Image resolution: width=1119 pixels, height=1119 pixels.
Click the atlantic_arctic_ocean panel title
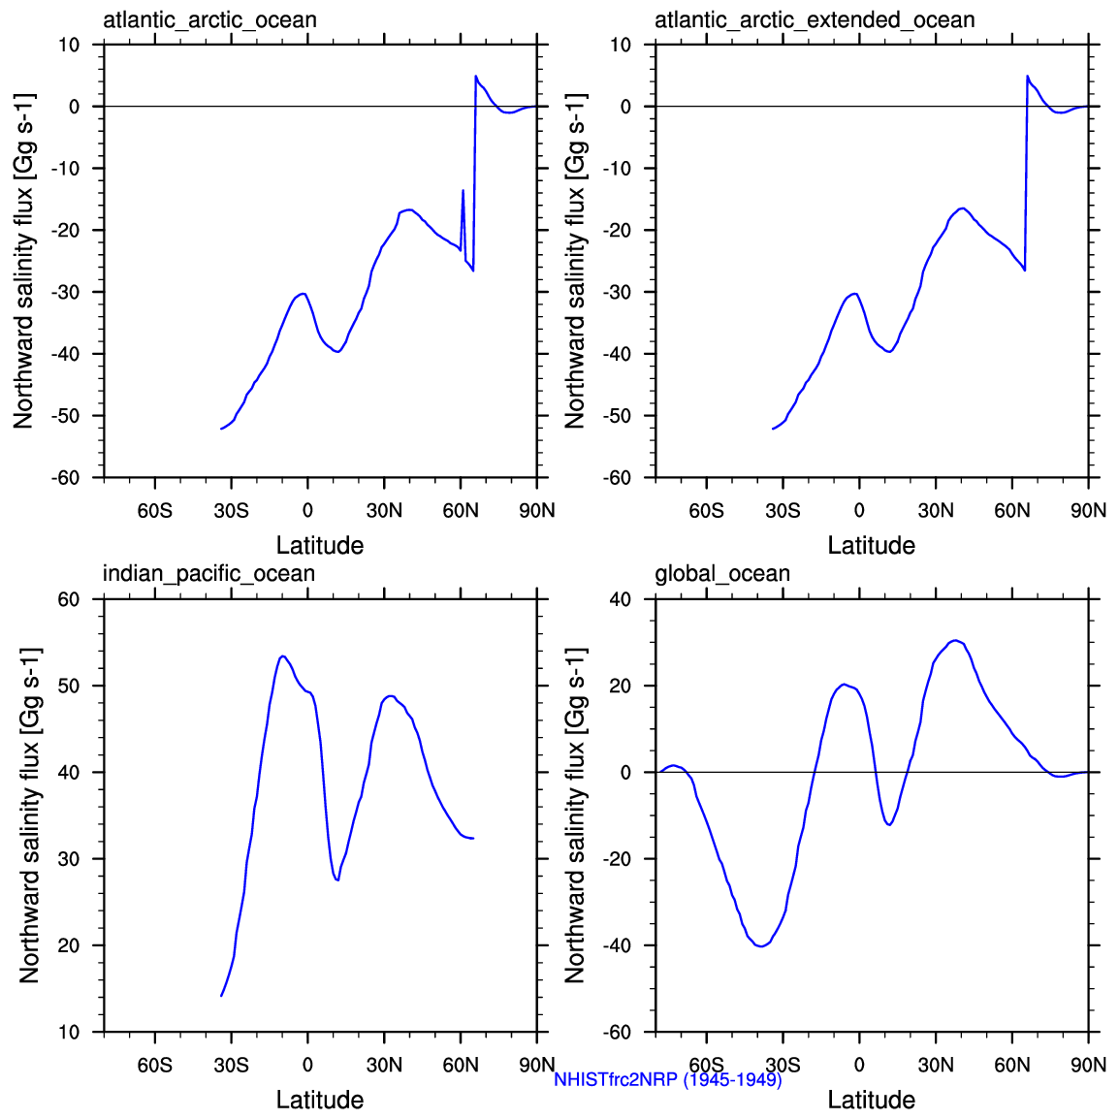click(209, 20)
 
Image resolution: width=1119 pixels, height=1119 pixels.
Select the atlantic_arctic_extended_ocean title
click(815, 20)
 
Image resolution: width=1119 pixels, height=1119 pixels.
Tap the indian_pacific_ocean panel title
click(208, 574)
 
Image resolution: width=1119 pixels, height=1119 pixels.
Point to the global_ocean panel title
click(722, 574)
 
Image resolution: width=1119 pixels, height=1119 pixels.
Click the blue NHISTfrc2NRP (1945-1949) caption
click(668, 1079)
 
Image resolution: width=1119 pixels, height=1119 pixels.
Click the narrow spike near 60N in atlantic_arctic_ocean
click(463, 190)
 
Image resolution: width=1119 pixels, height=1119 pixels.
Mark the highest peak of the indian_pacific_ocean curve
click(282, 656)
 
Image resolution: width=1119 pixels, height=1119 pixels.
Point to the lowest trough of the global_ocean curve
click(760, 945)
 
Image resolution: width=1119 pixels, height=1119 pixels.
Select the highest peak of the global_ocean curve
click(955, 640)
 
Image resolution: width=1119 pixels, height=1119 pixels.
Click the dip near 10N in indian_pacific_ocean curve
click(336, 879)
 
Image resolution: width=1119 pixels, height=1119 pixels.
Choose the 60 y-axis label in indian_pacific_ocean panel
click(69, 599)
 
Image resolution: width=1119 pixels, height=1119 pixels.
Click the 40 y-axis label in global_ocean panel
click(621, 599)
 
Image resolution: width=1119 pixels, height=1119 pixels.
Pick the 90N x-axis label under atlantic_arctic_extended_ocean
click(1088, 511)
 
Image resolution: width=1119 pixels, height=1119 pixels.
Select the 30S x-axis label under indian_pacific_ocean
click(231, 1066)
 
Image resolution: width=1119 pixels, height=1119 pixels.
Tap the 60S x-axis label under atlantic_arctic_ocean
click(154, 511)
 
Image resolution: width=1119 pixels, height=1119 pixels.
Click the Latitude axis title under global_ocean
click(871, 1100)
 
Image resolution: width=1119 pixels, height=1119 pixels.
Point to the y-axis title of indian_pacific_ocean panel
click(29, 815)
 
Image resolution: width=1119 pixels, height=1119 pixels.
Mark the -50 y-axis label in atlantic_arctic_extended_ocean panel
click(617, 416)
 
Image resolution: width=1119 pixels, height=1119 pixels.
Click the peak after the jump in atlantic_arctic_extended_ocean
click(1028, 76)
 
